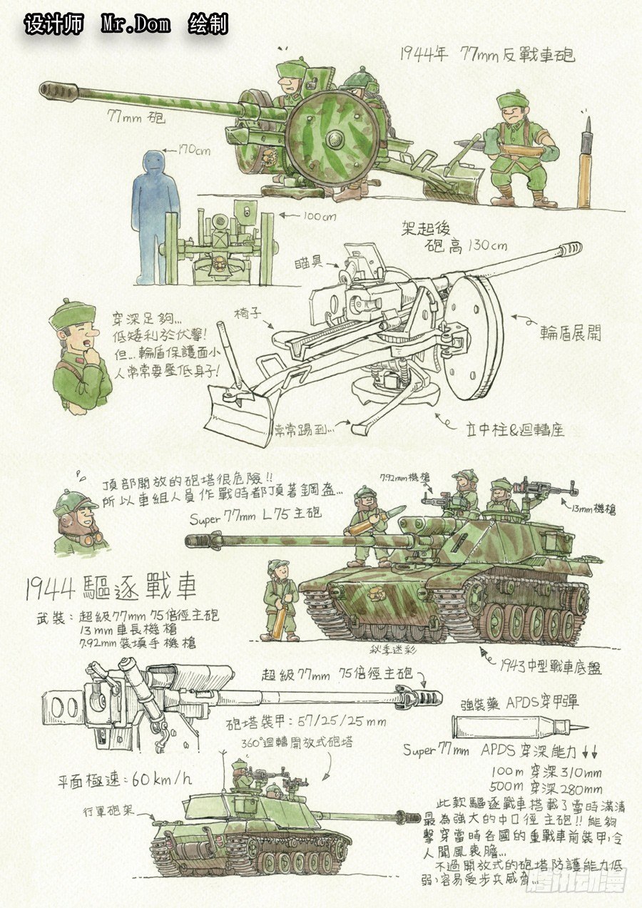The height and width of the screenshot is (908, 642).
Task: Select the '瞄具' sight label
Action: [309, 263]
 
